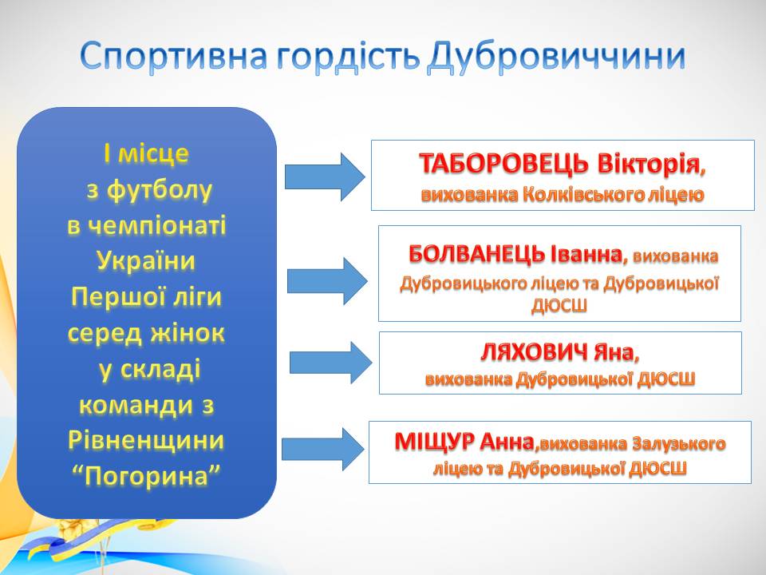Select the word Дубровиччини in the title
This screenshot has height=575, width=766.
coord(558,57)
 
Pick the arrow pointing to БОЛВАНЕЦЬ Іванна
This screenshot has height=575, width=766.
coord(327,280)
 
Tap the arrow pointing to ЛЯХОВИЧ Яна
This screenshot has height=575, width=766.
coord(330,363)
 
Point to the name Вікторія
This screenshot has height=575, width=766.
coord(650,165)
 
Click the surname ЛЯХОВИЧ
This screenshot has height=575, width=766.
coord(534,353)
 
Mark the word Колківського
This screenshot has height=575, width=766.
coord(571,194)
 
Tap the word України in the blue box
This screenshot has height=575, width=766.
coord(146,261)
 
